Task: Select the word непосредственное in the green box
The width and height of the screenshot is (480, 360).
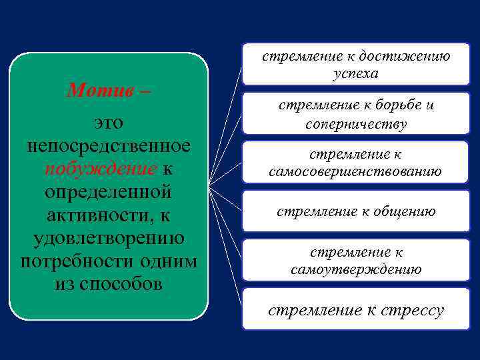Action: point(109,145)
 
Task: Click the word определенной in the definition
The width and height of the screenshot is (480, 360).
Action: point(109,191)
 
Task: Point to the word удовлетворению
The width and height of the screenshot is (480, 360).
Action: point(109,237)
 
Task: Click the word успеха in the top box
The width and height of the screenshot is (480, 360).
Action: point(355,73)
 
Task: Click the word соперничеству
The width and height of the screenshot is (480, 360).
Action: point(355,123)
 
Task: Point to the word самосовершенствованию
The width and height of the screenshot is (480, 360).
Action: point(355,171)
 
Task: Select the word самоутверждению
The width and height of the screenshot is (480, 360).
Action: point(355,269)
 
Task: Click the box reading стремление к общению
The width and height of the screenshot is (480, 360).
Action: point(355,212)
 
